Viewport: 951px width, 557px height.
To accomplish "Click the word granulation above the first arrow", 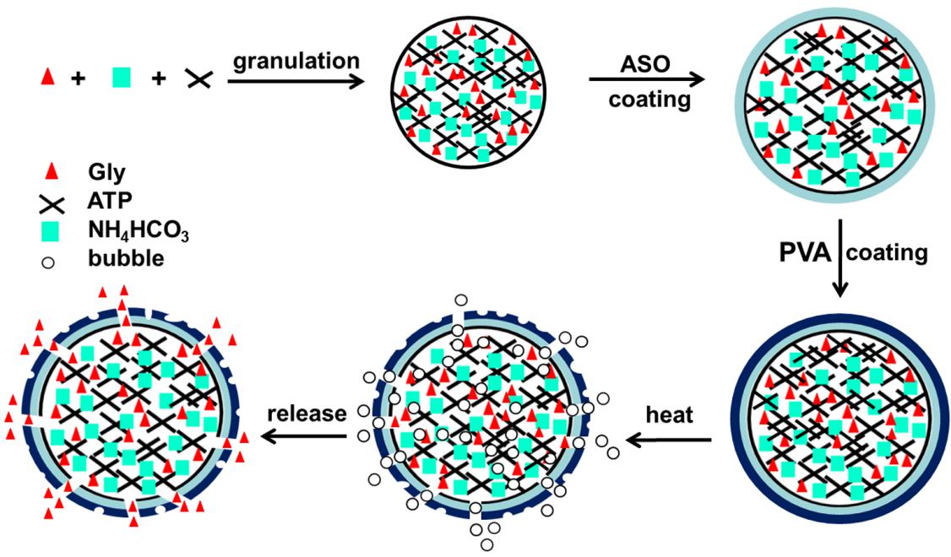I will click(x=296, y=61).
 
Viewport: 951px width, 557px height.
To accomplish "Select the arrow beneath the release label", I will click(x=305, y=436).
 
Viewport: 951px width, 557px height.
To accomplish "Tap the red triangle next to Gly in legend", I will click(x=52, y=172).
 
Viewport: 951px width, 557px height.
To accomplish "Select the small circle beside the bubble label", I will click(x=49, y=262).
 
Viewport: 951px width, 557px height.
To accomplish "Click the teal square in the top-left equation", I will click(x=123, y=78).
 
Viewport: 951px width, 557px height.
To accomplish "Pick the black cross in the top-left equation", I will click(x=198, y=79).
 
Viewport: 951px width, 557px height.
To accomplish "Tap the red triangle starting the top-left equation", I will click(x=48, y=78).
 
